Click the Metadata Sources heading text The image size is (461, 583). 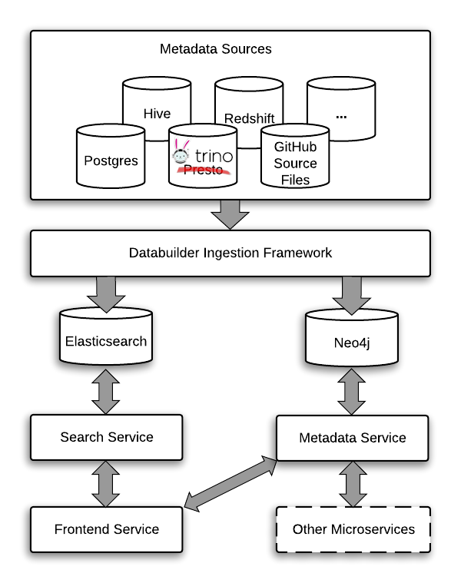215,49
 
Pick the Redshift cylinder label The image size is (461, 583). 249,118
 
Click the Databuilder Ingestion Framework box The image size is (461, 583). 230,253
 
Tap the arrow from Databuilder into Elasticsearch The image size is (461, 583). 106,292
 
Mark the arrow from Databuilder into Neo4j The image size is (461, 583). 353,292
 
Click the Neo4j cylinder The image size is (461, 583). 353,340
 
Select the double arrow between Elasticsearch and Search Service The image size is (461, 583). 106,390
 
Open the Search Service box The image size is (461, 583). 106,437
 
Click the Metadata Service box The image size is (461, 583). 353,438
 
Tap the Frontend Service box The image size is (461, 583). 106,529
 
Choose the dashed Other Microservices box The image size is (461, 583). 353,529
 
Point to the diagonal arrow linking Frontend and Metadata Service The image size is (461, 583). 230,482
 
